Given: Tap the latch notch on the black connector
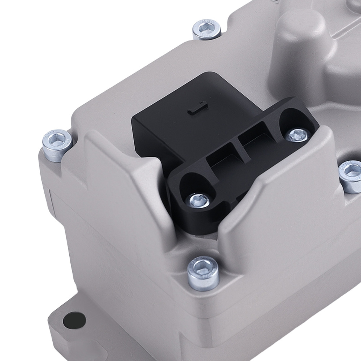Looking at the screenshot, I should (197, 109).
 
